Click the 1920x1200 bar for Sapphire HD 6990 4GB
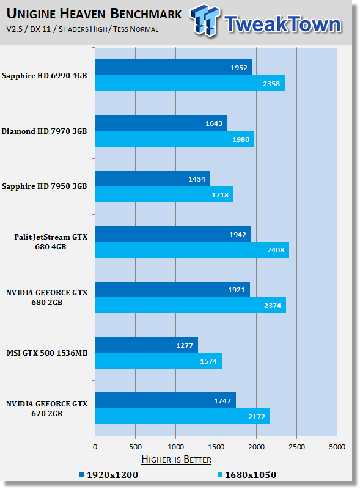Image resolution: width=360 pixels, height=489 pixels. click(x=174, y=67)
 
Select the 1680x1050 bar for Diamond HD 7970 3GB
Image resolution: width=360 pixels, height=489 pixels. click(x=175, y=139)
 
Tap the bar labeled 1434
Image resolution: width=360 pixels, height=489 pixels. click(x=153, y=178)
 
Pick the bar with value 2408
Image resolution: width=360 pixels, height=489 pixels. click(x=192, y=250)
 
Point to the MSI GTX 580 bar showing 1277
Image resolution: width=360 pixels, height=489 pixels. click(x=147, y=345)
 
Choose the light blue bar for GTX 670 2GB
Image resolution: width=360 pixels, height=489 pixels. click(x=183, y=416)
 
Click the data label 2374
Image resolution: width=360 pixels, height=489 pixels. click(x=273, y=306)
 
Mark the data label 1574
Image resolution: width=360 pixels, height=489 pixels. click(x=208, y=361)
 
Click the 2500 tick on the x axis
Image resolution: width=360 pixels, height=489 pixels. click(x=296, y=447)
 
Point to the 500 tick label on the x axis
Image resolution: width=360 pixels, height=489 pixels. click(x=136, y=447)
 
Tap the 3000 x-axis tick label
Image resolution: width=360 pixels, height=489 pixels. click(x=337, y=447)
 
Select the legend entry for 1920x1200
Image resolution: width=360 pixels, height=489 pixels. click(x=109, y=475)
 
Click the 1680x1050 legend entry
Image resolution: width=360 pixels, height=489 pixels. click(x=247, y=475)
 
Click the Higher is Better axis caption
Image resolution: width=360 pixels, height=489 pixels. click(x=176, y=460)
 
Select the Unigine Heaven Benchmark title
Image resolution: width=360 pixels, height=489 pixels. click(x=94, y=14)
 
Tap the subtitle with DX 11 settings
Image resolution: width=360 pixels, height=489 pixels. click(x=83, y=29)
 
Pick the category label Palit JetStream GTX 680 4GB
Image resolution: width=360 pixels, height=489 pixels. click(x=51, y=241)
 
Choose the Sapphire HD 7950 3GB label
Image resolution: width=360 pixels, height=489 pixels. click(x=44, y=186)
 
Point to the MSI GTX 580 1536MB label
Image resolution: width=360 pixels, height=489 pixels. click(x=47, y=353)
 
